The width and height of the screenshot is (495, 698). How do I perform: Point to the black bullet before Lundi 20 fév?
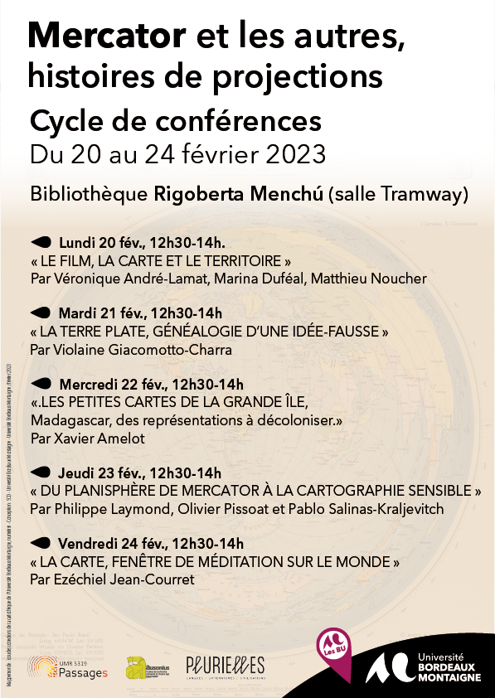(41, 242)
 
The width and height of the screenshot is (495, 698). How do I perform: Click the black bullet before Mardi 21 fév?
(41, 313)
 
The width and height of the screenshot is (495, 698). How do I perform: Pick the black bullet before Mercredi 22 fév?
(41, 384)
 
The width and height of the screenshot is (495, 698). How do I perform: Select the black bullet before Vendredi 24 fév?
(41, 543)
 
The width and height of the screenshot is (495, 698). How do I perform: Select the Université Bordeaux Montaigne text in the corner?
(449, 666)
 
